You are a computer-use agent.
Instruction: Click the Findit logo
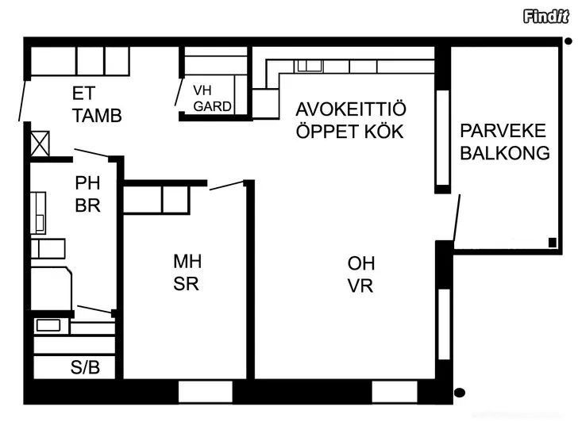click(x=546, y=17)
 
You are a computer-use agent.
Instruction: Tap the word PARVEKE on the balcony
click(x=503, y=131)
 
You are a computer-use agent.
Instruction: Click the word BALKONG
click(x=505, y=153)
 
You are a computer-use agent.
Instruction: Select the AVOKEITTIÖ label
click(x=351, y=109)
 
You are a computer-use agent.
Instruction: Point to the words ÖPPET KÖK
click(x=349, y=132)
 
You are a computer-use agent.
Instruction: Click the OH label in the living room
click(x=361, y=263)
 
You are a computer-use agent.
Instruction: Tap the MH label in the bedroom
click(x=187, y=262)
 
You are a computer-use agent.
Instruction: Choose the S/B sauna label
click(x=85, y=367)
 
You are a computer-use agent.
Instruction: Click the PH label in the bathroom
click(x=87, y=183)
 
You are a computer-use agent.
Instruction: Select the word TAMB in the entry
click(x=97, y=116)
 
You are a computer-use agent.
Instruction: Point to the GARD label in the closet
click(x=212, y=107)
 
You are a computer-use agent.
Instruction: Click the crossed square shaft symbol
click(x=40, y=144)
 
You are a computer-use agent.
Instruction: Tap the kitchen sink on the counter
click(x=310, y=66)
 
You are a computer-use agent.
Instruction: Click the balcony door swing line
click(x=457, y=218)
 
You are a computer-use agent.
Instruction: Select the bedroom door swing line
click(x=227, y=186)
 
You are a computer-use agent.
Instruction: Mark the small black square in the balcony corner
click(x=553, y=243)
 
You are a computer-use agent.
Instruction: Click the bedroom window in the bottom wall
click(x=206, y=392)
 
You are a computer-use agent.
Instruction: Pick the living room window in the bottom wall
click(x=395, y=392)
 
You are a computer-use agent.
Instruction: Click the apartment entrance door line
click(x=22, y=101)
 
